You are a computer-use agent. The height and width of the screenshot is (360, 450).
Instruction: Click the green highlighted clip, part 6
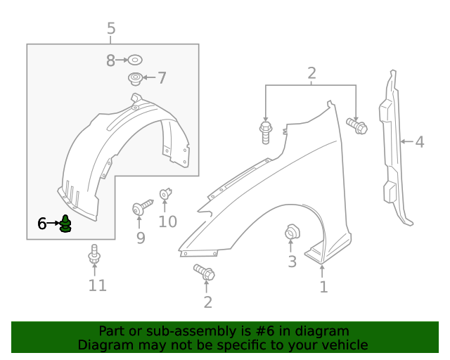coord(65,225)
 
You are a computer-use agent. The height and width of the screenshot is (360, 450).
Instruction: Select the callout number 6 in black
coord(42,224)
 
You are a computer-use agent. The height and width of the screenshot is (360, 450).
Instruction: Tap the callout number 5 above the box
coord(111,29)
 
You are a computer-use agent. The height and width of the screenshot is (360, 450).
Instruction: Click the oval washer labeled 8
coord(136,60)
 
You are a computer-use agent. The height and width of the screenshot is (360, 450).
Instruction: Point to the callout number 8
coord(110,61)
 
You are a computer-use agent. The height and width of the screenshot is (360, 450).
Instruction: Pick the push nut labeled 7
coord(135,77)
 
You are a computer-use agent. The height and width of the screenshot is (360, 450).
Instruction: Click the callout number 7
coord(162,78)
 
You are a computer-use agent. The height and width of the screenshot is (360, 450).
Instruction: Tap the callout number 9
coord(141,238)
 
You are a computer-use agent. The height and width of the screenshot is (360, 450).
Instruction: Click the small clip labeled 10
coord(166,192)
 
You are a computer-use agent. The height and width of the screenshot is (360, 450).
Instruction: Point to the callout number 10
coord(167,222)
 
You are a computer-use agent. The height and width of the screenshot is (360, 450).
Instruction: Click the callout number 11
coord(97,285)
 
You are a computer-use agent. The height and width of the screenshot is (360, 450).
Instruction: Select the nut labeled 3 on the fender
coord(290,232)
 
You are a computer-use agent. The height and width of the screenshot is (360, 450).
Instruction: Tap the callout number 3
coord(292,262)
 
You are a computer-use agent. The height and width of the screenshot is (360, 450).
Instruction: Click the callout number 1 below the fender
coord(323,287)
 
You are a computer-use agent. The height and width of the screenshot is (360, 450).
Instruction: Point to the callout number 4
coord(419,142)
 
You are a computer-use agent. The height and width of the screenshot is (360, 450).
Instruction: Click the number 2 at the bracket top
coord(311,72)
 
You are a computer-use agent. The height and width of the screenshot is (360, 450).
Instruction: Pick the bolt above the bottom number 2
coord(204,272)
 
